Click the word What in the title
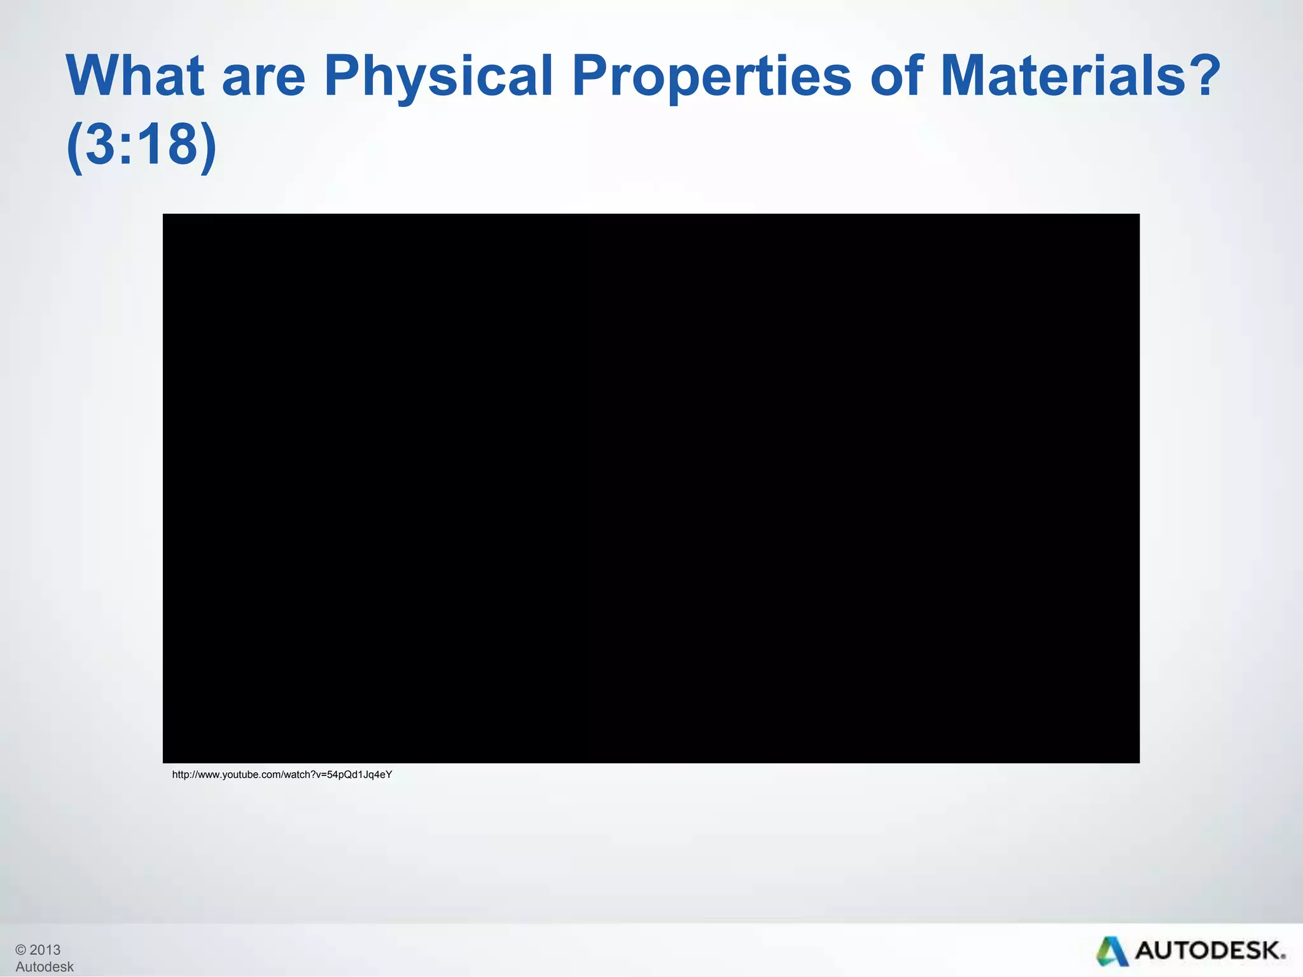(135, 76)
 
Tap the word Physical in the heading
(438, 76)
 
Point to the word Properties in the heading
(711, 76)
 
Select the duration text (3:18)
(141, 145)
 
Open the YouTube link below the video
(282, 775)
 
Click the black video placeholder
(651, 488)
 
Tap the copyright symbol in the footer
(21, 950)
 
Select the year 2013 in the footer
(45, 950)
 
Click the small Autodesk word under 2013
(45, 967)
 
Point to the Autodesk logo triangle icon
(1111, 952)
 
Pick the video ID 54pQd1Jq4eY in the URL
(359, 775)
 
